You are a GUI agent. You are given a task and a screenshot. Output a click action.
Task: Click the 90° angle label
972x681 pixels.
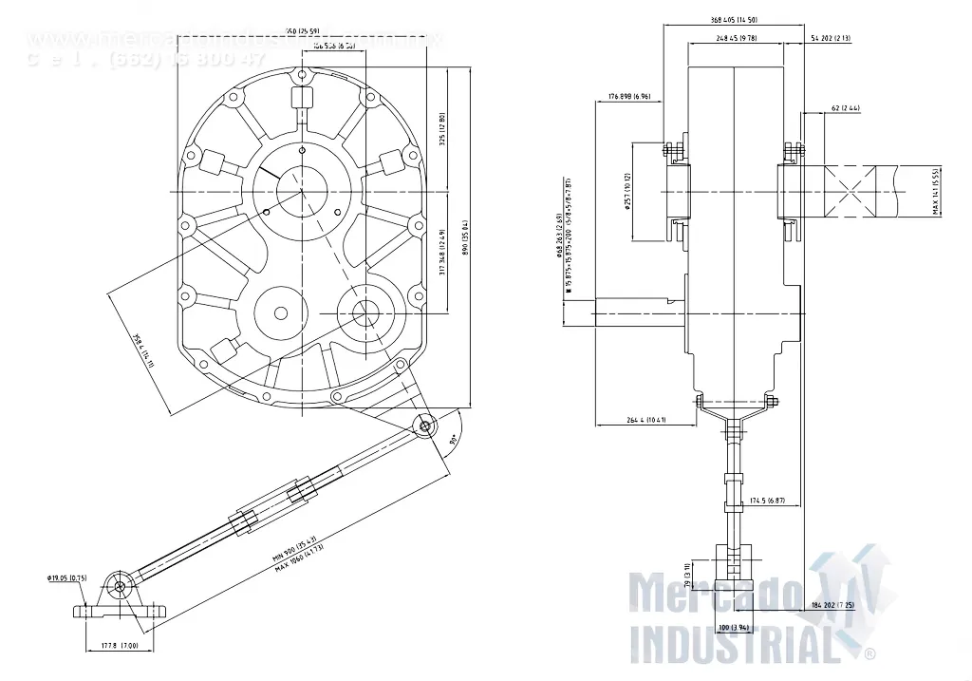click(x=453, y=440)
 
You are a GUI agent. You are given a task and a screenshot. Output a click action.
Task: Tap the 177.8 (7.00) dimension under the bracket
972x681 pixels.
click(x=120, y=646)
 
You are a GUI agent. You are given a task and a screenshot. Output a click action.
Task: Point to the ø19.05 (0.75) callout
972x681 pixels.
click(x=66, y=577)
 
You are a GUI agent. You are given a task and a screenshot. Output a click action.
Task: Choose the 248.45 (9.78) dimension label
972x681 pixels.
click(x=732, y=38)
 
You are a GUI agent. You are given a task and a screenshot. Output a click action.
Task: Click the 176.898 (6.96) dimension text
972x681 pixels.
click(x=629, y=97)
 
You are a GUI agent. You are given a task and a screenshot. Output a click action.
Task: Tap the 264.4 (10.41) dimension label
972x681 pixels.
click(x=645, y=420)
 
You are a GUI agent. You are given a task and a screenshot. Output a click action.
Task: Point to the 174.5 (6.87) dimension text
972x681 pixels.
click(x=767, y=500)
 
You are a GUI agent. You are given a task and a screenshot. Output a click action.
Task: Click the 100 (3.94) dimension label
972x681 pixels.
click(x=734, y=628)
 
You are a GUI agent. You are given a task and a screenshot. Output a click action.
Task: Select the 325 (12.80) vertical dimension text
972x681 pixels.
click(x=442, y=130)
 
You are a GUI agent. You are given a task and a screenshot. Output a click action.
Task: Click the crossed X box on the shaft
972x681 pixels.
click(x=859, y=190)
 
